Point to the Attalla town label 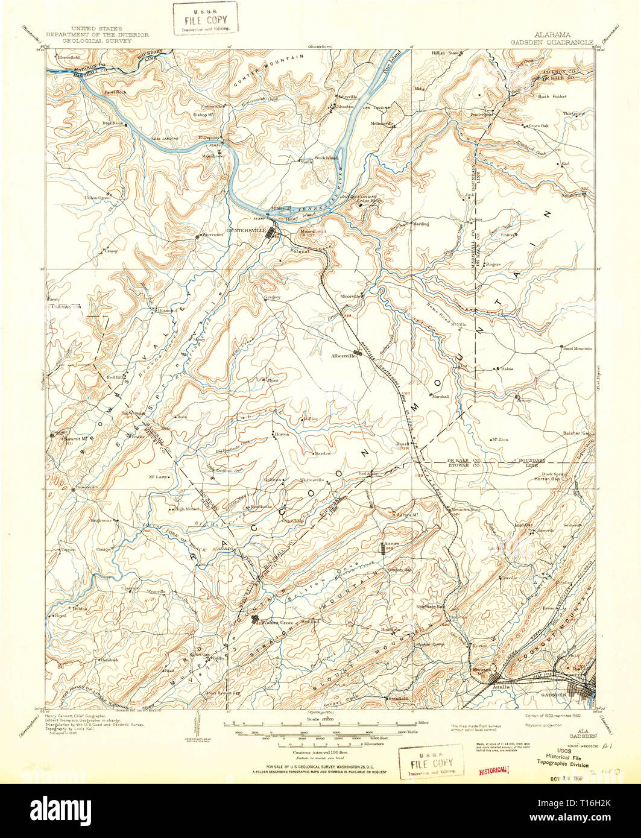click(x=500, y=686)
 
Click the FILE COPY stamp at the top click(x=204, y=19)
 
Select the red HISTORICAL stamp click(x=494, y=770)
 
